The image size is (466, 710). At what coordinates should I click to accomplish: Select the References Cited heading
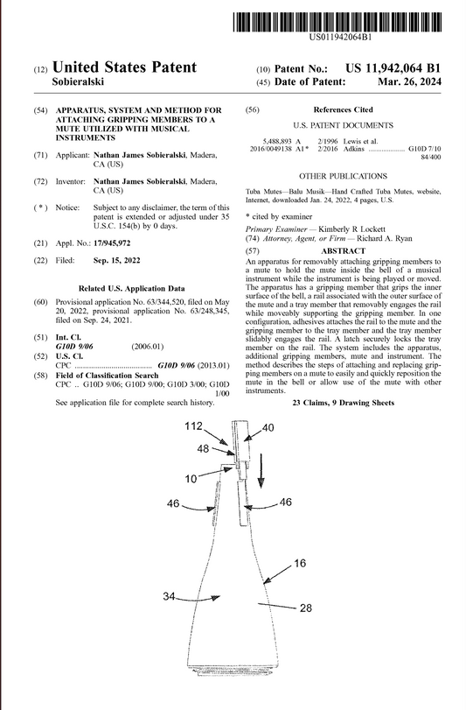tap(343, 110)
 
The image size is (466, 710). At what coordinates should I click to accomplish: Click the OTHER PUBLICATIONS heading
tap(343, 176)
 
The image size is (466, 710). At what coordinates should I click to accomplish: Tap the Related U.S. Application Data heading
tap(130, 287)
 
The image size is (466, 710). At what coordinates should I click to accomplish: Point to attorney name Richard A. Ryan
tap(366, 239)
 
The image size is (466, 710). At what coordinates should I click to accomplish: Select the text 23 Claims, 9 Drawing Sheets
tap(343, 402)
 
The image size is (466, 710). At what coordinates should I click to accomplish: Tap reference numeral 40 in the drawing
tap(268, 427)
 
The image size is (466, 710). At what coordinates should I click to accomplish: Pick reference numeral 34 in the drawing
tap(171, 596)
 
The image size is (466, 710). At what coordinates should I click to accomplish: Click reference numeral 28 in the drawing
tap(306, 607)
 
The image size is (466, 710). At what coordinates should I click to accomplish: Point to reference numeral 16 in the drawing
tap(299, 563)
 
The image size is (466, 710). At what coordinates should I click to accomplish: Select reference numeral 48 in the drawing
tap(203, 448)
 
